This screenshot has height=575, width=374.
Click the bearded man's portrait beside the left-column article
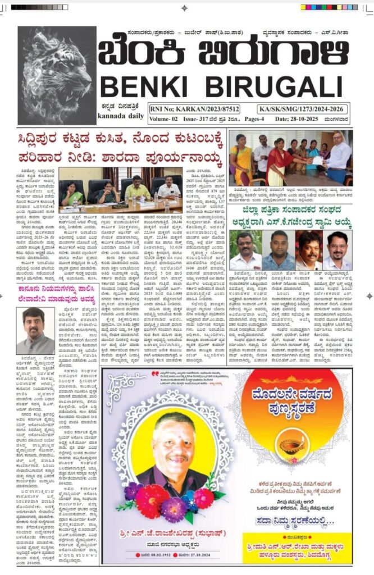click(35, 331)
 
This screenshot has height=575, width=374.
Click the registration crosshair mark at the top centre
click(185, 8)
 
